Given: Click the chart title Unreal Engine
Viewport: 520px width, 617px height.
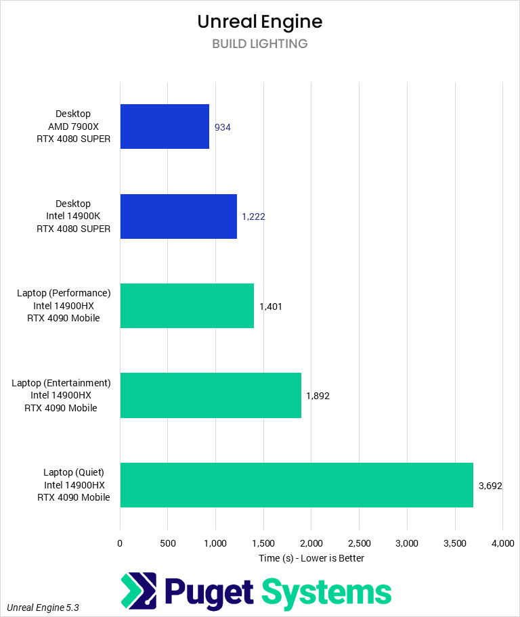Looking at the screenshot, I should (260, 22).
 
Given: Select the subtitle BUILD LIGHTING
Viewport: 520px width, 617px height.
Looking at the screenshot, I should (260, 44).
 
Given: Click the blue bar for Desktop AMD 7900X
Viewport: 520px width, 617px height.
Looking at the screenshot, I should (165, 127).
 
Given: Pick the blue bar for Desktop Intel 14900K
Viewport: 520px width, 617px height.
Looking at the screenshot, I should (178, 216).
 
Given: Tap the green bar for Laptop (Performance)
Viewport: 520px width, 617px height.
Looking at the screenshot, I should (187, 306).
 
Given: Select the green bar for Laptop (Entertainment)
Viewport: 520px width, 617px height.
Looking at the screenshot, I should (211, 395).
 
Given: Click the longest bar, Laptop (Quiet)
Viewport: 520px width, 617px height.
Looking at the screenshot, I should (297, 485).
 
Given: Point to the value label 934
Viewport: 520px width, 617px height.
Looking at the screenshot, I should (223, 127).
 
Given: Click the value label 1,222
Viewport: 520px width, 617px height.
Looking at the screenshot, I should (253, 216).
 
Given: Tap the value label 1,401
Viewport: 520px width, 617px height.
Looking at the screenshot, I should (271, 306).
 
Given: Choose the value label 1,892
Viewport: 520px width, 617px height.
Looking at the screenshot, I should (318, 396).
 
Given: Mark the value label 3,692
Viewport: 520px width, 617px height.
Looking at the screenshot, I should (490, 485).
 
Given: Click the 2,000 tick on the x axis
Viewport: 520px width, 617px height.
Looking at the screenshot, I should (311, 543).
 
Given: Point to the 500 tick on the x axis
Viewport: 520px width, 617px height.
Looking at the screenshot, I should (168, 543).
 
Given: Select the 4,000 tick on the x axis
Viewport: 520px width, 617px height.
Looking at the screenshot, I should (502, 543).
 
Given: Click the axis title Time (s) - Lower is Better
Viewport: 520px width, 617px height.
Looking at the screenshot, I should (311, 558).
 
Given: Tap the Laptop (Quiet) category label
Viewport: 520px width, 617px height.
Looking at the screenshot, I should (74, 485).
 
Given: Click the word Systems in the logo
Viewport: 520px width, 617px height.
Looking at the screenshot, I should (326, 592).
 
